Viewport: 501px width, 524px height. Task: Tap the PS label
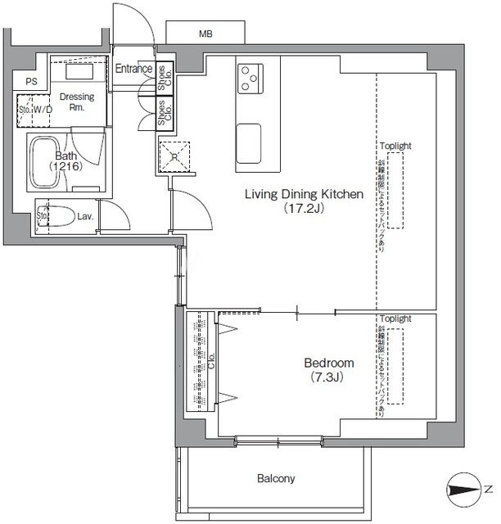31,81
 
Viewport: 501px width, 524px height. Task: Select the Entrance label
133,69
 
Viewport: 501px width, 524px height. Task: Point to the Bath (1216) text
65,160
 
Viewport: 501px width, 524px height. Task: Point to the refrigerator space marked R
174,156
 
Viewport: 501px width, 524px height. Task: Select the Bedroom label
328,363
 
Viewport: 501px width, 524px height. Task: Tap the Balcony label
276,478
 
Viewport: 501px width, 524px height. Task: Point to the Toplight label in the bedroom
395,318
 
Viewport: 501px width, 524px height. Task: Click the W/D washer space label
43,109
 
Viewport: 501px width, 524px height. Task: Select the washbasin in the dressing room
78,72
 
